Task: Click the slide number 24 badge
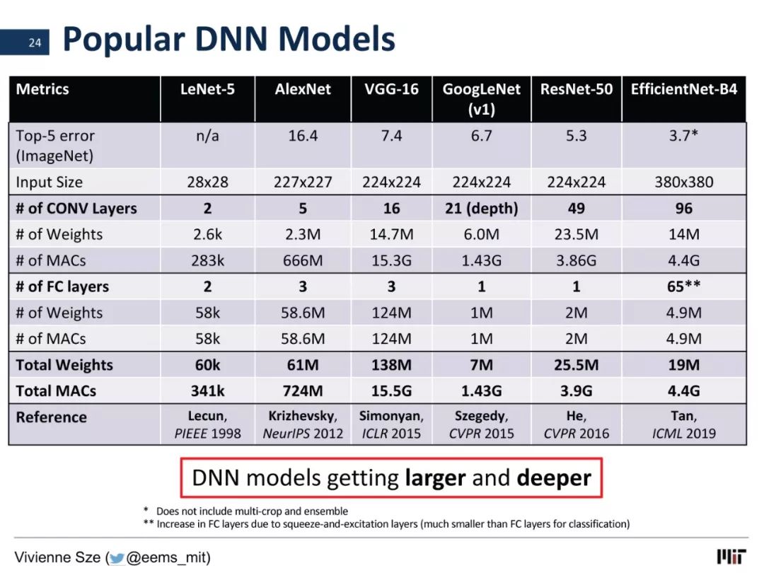click(x=24, y=42)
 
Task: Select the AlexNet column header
click(x=303, y=89)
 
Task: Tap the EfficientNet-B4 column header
click(x=683, y=89)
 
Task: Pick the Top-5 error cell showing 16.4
click(x=303, y=135)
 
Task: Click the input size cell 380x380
click(x=683, y=183)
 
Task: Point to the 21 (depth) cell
click(x=482, y=209)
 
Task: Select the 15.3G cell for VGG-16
click(x=391, y=260)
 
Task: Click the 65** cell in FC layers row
click(x=683, y=286)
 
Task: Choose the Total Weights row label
click(x=64, y=365)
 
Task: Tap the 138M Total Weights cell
click(x=391, y=365)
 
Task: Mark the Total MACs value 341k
click(x=207, y=390)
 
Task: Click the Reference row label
click(x=51, y=417)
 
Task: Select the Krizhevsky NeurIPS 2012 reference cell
click(x=303, y=424)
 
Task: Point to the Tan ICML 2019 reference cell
click(x=683, y=424)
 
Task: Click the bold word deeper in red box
click(x=554, y=478)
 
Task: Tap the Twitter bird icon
click(x=117, y=558)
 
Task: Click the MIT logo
click(x=731, y=557)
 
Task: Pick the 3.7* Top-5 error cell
click(x=683, y=135)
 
